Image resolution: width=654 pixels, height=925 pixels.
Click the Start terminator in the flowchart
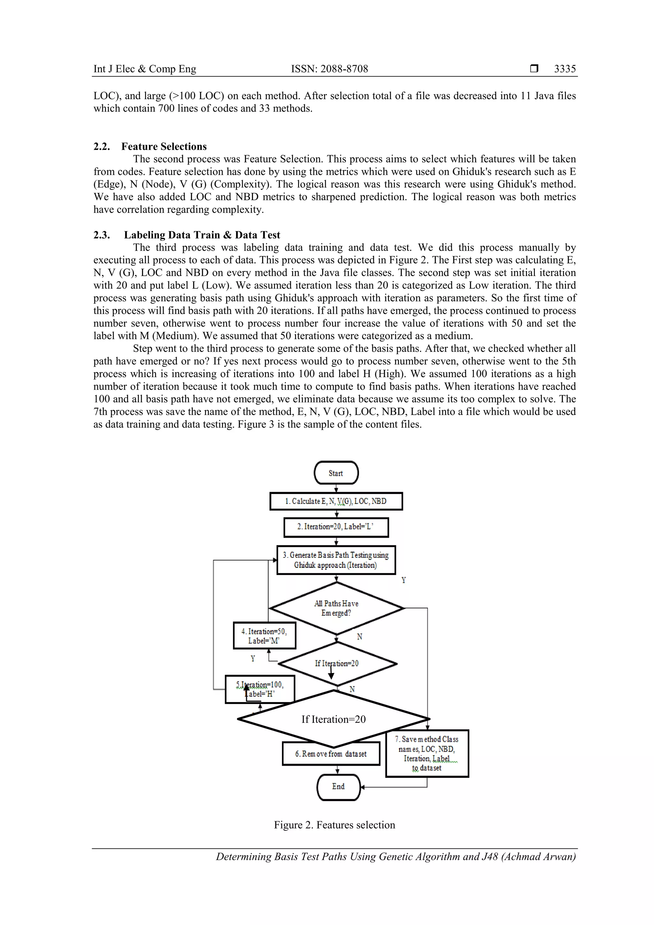tap(336, 473)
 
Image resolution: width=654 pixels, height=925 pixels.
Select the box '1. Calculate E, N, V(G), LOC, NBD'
tap(336, 501)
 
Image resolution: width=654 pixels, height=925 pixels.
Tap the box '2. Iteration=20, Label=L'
tap(336, 527)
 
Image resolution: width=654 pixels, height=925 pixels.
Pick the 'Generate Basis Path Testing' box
tap(336, 560)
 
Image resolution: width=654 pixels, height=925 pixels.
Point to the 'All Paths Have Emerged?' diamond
tap(336, 608)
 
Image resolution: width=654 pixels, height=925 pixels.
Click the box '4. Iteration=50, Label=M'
tap(264, 636)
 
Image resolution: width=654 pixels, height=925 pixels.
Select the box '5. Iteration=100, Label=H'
tap(260, 689)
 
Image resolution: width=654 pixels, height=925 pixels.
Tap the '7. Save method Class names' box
tap(427, 753)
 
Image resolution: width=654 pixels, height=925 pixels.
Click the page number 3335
tap(565, 69)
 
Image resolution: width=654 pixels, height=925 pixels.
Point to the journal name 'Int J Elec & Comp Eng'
tap(145, 69)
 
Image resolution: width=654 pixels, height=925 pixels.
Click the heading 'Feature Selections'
tap(164, 146)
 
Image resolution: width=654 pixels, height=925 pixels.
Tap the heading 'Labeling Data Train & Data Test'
tap(202, 235)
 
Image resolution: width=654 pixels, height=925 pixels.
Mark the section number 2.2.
tap(102, 146)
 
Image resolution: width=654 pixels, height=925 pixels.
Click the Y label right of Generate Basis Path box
tap(403, 580)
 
